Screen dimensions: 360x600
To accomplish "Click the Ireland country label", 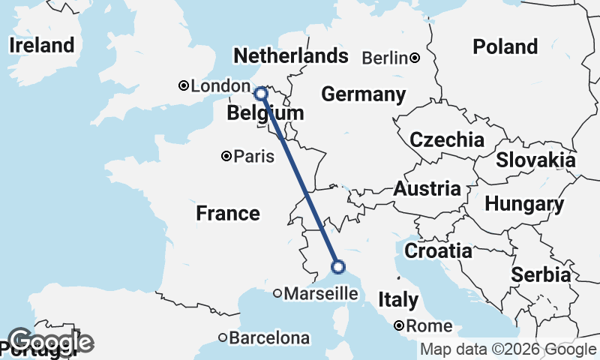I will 42,45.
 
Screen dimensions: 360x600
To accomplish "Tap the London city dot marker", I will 183,86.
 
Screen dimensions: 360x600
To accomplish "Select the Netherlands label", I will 290,56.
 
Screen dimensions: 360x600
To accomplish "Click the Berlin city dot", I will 414,58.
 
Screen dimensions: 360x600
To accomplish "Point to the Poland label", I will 505,47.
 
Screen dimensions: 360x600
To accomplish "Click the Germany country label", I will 363,94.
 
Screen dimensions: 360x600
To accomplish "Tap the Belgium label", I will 265,113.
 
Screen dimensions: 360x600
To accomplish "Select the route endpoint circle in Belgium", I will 260,94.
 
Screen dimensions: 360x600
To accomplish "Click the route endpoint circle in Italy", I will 338,266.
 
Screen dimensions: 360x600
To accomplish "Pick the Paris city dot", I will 226,157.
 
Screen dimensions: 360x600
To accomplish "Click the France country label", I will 228,214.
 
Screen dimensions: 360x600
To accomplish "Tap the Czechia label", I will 446,139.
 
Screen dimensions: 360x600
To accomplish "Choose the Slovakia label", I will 535,160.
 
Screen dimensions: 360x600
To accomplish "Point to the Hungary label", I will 524,204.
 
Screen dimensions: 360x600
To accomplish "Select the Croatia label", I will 438,250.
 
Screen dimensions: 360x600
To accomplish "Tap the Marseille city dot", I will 277,294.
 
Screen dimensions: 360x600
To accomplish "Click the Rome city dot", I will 400,325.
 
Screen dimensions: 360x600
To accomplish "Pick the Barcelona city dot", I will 223,338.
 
